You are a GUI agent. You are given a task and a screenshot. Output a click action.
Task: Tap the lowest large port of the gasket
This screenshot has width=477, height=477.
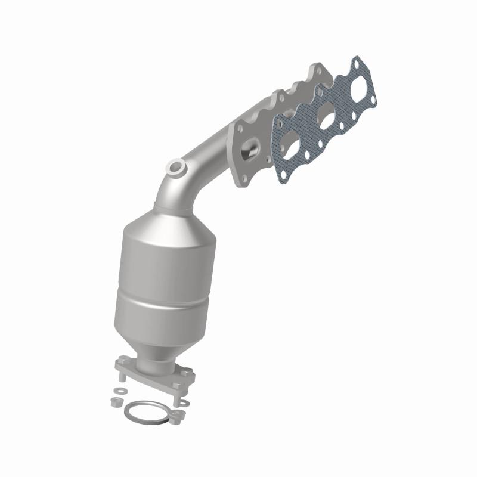click(291, 143)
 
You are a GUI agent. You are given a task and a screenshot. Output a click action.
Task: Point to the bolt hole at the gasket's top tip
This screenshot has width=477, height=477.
click(356, 62)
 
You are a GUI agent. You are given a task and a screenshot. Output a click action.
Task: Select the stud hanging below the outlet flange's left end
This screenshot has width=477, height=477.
click(120, 376)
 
